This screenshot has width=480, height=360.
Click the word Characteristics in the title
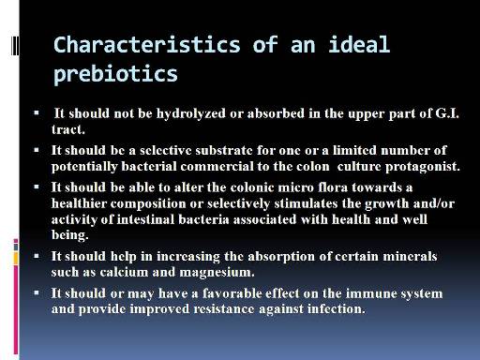coord(147,44)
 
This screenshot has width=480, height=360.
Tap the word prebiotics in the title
coord(115,74)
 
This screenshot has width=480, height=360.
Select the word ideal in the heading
coord(359,44)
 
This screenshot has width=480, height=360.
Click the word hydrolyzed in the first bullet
coord(191,113)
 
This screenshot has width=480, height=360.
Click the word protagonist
coord(423,167)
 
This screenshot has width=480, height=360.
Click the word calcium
coord(124,272)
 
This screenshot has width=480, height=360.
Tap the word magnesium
coord(217,272)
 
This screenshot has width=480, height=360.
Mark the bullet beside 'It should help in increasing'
coord(37,256)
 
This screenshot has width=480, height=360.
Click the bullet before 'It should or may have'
coord(37,293)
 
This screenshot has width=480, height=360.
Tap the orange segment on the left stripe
coord(16,258)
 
